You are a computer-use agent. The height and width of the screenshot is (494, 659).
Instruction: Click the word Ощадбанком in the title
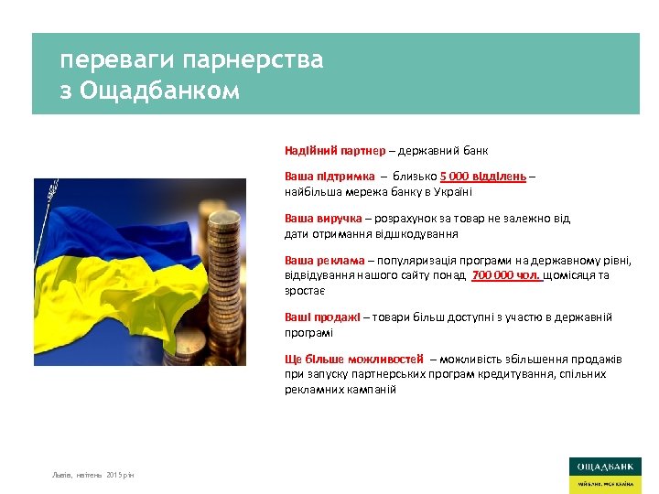160,91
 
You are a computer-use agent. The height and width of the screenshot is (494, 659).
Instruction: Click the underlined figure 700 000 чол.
506,275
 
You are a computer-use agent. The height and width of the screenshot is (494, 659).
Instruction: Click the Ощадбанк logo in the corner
604,474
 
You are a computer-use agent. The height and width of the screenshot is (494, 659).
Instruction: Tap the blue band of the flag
101,220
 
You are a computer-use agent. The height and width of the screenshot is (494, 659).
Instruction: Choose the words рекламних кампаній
340,389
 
